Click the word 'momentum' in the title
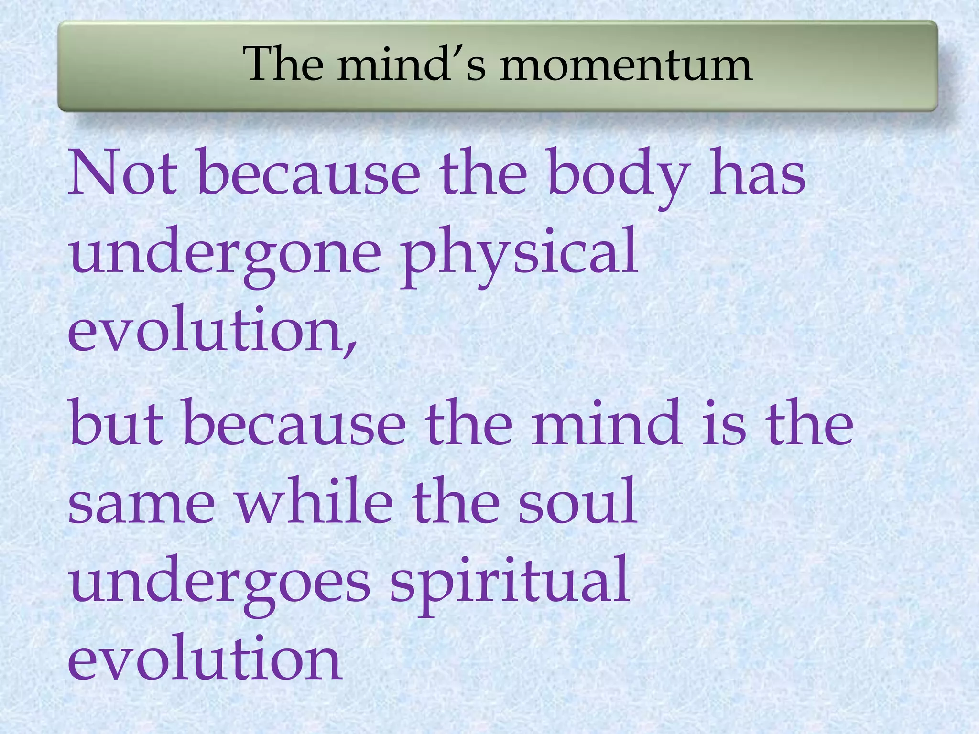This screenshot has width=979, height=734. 626,66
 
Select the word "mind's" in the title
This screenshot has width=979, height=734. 411,65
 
